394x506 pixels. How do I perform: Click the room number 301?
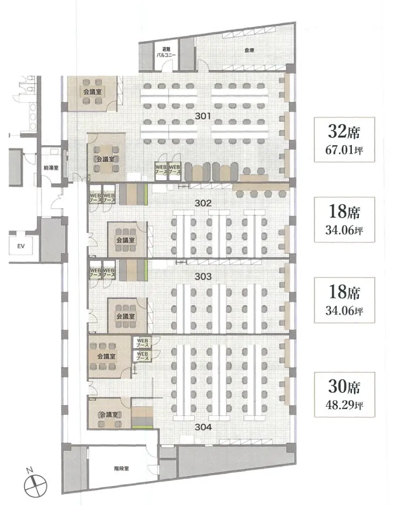click(203, 115)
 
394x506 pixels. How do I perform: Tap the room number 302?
click(203, 203)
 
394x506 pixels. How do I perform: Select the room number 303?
click(203, 276)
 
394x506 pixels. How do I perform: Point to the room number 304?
click(203, 427)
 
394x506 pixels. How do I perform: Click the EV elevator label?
click(21, 246)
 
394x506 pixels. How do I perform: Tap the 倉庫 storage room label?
click(249, 50)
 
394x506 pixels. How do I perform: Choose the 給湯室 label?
click(51, 168)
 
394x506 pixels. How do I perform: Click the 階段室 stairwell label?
click(121, 468)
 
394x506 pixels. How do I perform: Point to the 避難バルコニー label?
click(166, 52)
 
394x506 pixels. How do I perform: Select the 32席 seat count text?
click(344, 131)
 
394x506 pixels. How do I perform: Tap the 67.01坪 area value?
click(344, 150)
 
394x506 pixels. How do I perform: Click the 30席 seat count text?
click(344, 386)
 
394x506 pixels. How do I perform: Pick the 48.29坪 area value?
click(344, 405)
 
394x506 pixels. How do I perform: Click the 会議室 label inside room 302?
click(126, 240)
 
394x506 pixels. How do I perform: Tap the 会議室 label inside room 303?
click(126, 316)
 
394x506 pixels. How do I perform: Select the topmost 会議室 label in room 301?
click(92, 92)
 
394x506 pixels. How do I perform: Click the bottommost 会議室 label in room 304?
click(109, 415)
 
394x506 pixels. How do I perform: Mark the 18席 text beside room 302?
click(344, 211)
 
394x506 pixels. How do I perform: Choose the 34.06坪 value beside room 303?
click(344, 310)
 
